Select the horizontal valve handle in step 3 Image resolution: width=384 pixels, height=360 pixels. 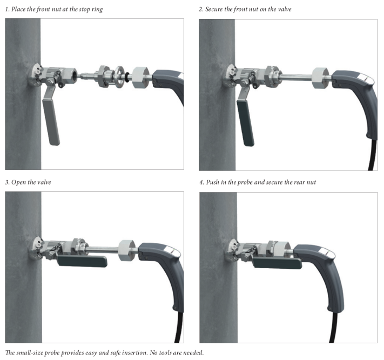pos(82,261)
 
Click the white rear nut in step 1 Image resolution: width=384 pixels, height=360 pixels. pos(140,77)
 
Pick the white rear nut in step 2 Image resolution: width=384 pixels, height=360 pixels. pos(321,78)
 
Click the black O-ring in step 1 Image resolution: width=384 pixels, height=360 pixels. pos(127,77)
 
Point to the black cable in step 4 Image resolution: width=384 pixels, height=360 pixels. pos(333,328)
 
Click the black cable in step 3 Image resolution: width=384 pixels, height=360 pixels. pos(179,328)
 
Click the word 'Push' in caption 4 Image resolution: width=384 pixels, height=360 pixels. pos(212,182)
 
